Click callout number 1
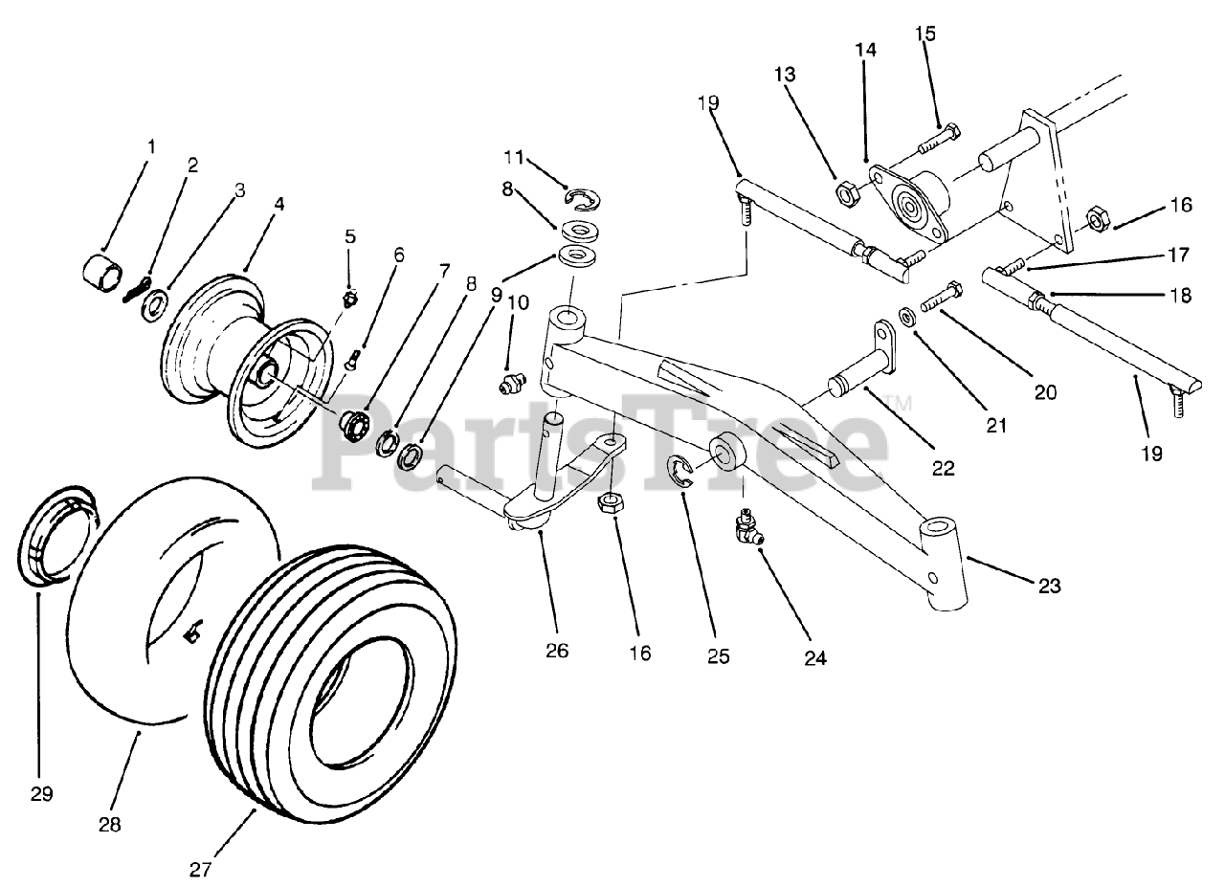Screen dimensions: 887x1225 pyautogui.click(x=150, y=146)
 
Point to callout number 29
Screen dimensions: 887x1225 pyautogui.click(x=41, y=793)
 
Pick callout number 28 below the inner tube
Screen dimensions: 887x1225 pyautogui.click(x=110, y=824)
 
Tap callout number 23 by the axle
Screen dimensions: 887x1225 pyautogui.click(x=1050, y=586)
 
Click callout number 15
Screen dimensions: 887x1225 pyautogui.click(x=924, y=33)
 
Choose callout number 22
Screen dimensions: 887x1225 pyautogui.click(x=944, y=468)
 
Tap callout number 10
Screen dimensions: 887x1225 pyautogui.click(x=518, y=302)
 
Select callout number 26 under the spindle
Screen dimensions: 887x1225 pyautogui.click(x=556, y=651)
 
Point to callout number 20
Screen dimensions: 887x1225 pyautogui.click(x=1045, y=390)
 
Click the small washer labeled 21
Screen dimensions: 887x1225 pyautogui.click(x=904, y=314)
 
